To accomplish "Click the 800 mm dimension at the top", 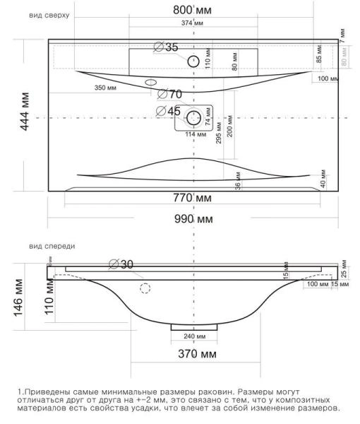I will [195, 11].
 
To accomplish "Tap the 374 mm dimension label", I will [192, 24].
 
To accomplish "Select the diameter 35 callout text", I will [167, 47].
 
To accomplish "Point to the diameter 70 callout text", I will [170, 94].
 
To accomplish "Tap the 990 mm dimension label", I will [193, 220].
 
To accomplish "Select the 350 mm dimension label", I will [106, 88].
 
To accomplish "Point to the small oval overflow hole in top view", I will [150, 83].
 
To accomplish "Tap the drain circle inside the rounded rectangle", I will [193, 117].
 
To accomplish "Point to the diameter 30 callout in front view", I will [121, 264].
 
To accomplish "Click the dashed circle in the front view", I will [145, 288].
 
